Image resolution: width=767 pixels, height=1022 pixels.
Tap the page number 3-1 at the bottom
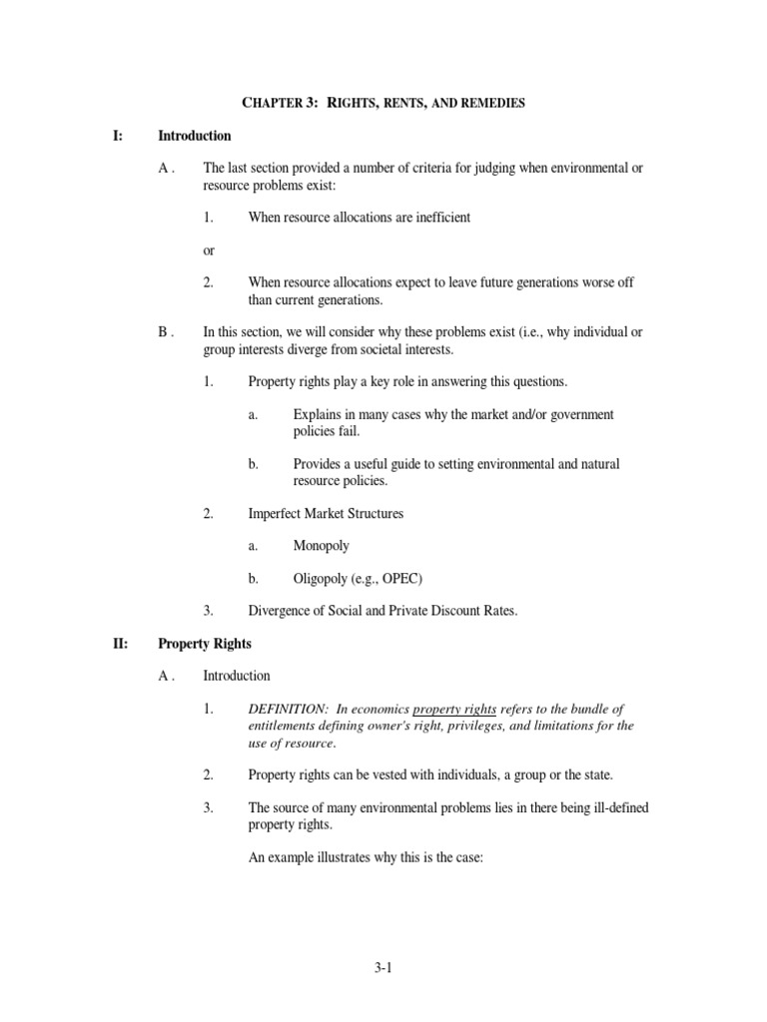tap(383, 967)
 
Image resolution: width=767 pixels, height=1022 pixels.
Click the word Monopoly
tap(322, 546)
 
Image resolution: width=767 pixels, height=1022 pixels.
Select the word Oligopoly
tap(325, 579)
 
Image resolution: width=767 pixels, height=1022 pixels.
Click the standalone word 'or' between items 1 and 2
tap(209, 250)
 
